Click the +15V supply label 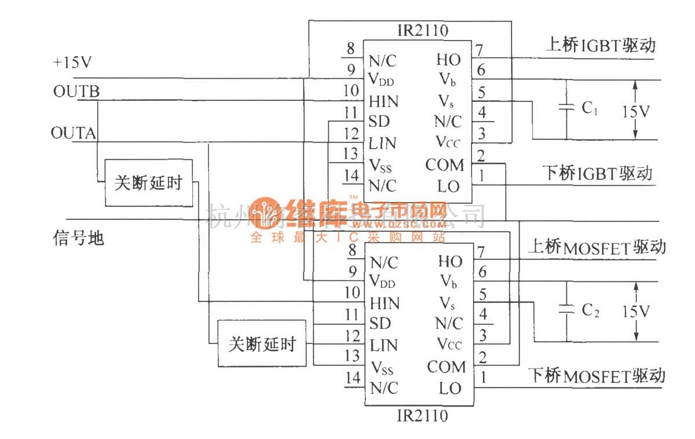click(x=72, y=63)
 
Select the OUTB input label click(x=76, y=92)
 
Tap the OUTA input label click(x=74, y=134)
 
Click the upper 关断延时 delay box click(x=149, y=183)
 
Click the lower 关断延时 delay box click(x=262, y=344)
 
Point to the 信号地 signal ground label click(x=78, y=237)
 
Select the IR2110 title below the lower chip click(x=422, y=415)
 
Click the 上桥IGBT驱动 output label click(x=600, y=45)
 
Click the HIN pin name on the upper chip click(x=384, y=101)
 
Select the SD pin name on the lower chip click(x=380, y=323)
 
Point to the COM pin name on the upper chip click(x=445, y=166)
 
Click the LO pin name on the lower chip click(x=450, y=388)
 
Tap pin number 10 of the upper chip click(x=350, y=91)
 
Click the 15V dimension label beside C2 click(x=636, y=312)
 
